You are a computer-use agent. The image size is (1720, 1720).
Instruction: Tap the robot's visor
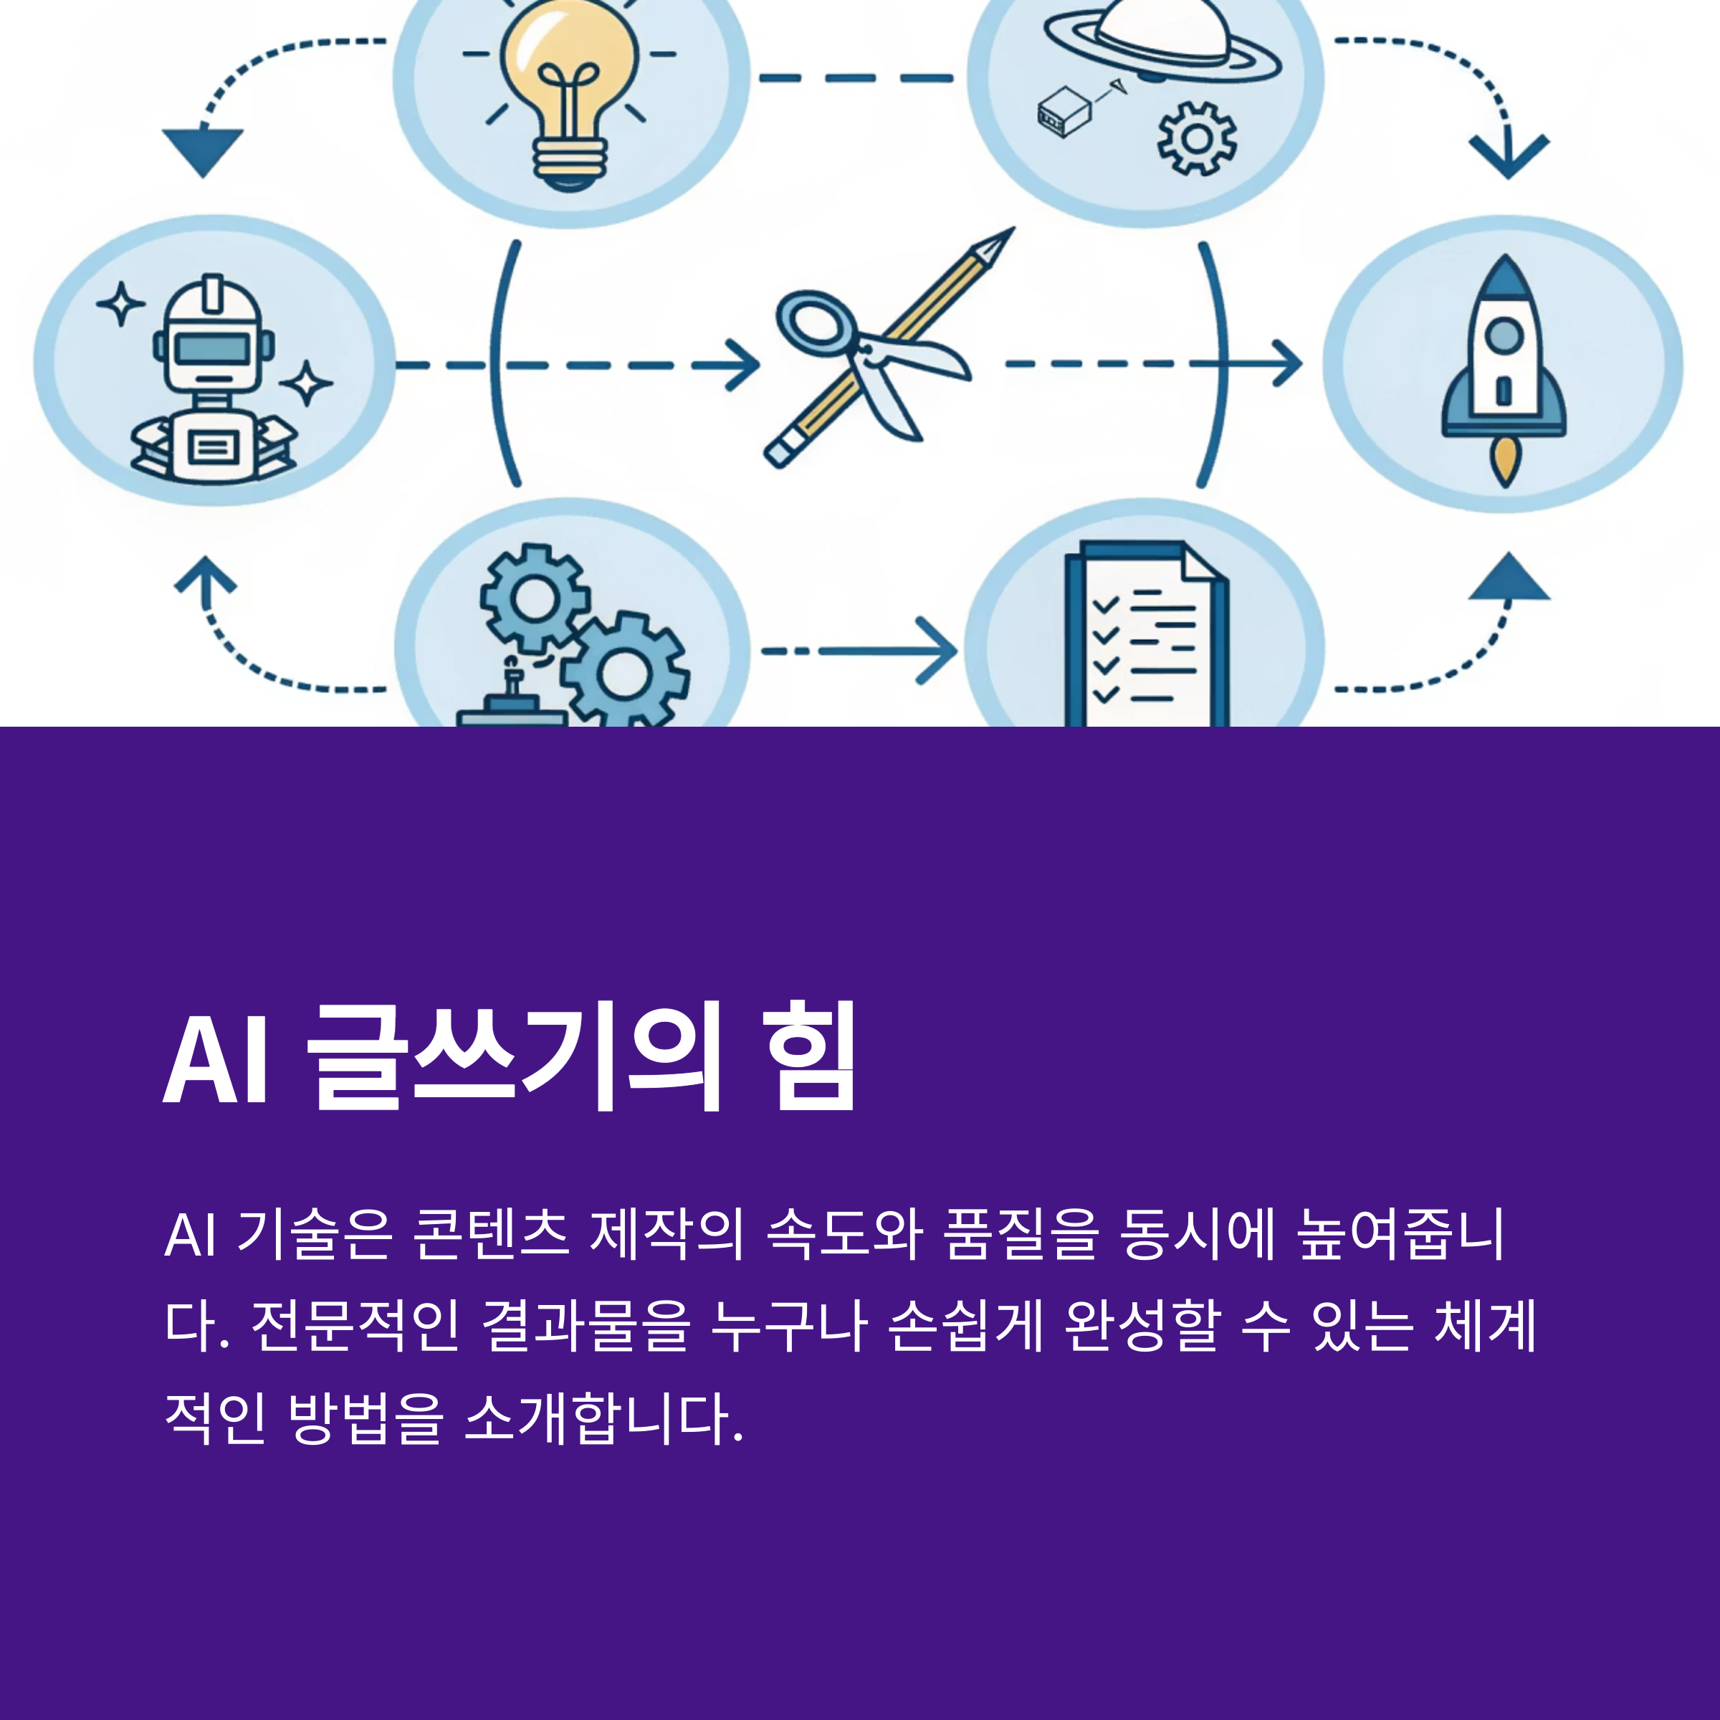click(x=212, y=348)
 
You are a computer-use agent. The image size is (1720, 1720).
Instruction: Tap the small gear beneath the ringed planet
click(x=1197, y=138)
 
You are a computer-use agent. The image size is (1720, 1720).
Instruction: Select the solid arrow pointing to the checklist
click(x=890, y=651)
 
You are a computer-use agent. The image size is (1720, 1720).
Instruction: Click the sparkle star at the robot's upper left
click(x=121, y=305)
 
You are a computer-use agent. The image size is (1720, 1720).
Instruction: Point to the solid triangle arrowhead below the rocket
click(x=1508, y=578)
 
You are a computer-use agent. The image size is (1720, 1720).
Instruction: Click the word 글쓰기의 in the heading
click(x=514, y=1059)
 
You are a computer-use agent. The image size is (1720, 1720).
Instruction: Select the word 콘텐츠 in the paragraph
click(x=490, y=1234)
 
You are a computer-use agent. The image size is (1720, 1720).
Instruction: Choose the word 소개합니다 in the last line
click(x=603, y=1418)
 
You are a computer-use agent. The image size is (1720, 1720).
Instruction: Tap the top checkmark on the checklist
click(x=1106, y=606)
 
